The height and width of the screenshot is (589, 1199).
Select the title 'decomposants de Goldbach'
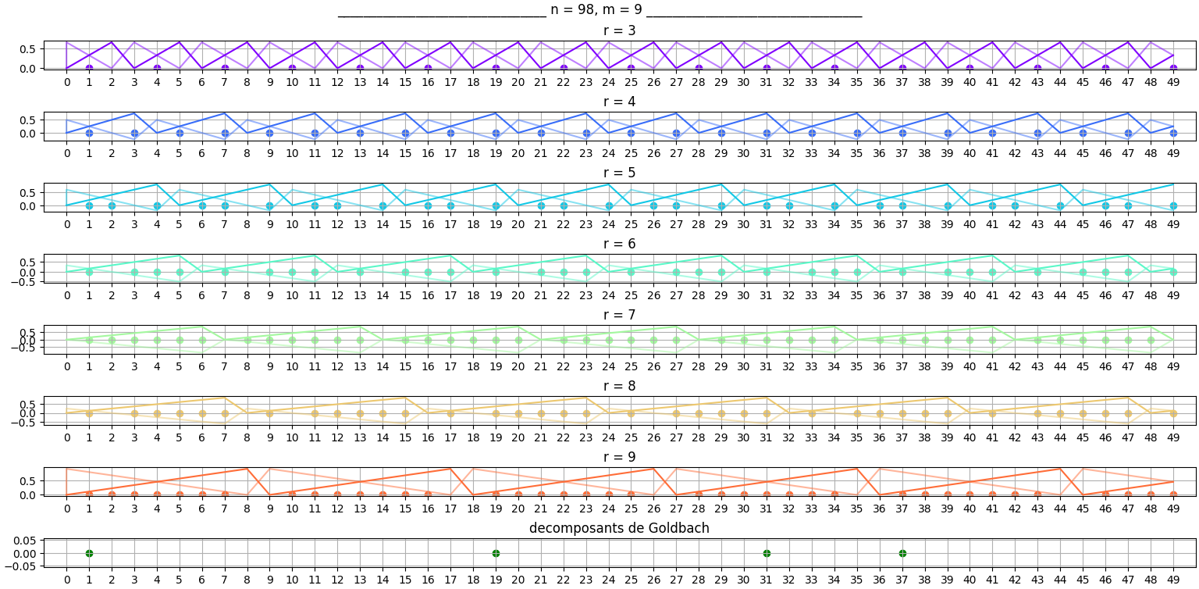pos(619,528)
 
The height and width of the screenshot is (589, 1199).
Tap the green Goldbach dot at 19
pos(496,553)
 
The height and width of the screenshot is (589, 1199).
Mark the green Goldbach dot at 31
pos(767,553)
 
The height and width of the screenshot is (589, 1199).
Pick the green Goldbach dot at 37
pos(902,553)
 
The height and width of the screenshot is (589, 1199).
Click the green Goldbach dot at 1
pos(89,553)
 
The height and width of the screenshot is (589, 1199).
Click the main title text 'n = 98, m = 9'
pos(599,11)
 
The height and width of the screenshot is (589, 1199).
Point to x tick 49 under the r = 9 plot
pos(1173,509)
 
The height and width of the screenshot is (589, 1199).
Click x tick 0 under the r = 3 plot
pos(67,82)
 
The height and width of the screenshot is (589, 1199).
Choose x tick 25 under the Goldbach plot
pos(631,580)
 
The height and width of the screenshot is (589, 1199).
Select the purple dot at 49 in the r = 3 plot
pos(1173,68)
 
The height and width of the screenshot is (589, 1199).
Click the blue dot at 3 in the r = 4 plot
pos(134,133)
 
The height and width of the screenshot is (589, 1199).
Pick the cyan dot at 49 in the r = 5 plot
pos(1173,205)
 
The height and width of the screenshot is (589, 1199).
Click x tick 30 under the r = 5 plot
pos(744,224)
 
